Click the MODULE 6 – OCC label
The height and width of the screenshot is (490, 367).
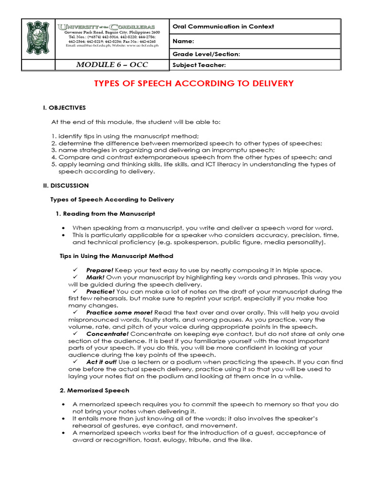tap(112, 65)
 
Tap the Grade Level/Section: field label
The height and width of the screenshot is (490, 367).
tap(206, 54)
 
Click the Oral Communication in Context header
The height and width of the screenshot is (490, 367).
tap(223, 27)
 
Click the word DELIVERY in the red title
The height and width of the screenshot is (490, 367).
tap(270, 84)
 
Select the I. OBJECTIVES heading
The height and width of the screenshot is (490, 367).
tap(65, 108)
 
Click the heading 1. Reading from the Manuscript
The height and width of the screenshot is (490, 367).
tap(105, 213)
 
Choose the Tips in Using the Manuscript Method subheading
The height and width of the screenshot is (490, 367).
tap(116, 256)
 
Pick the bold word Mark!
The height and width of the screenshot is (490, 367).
tap(95, 277)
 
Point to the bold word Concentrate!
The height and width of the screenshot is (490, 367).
tap(108, 334)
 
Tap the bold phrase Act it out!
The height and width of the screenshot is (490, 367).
tap(102, 362)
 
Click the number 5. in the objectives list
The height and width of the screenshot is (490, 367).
tap(54, 164)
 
